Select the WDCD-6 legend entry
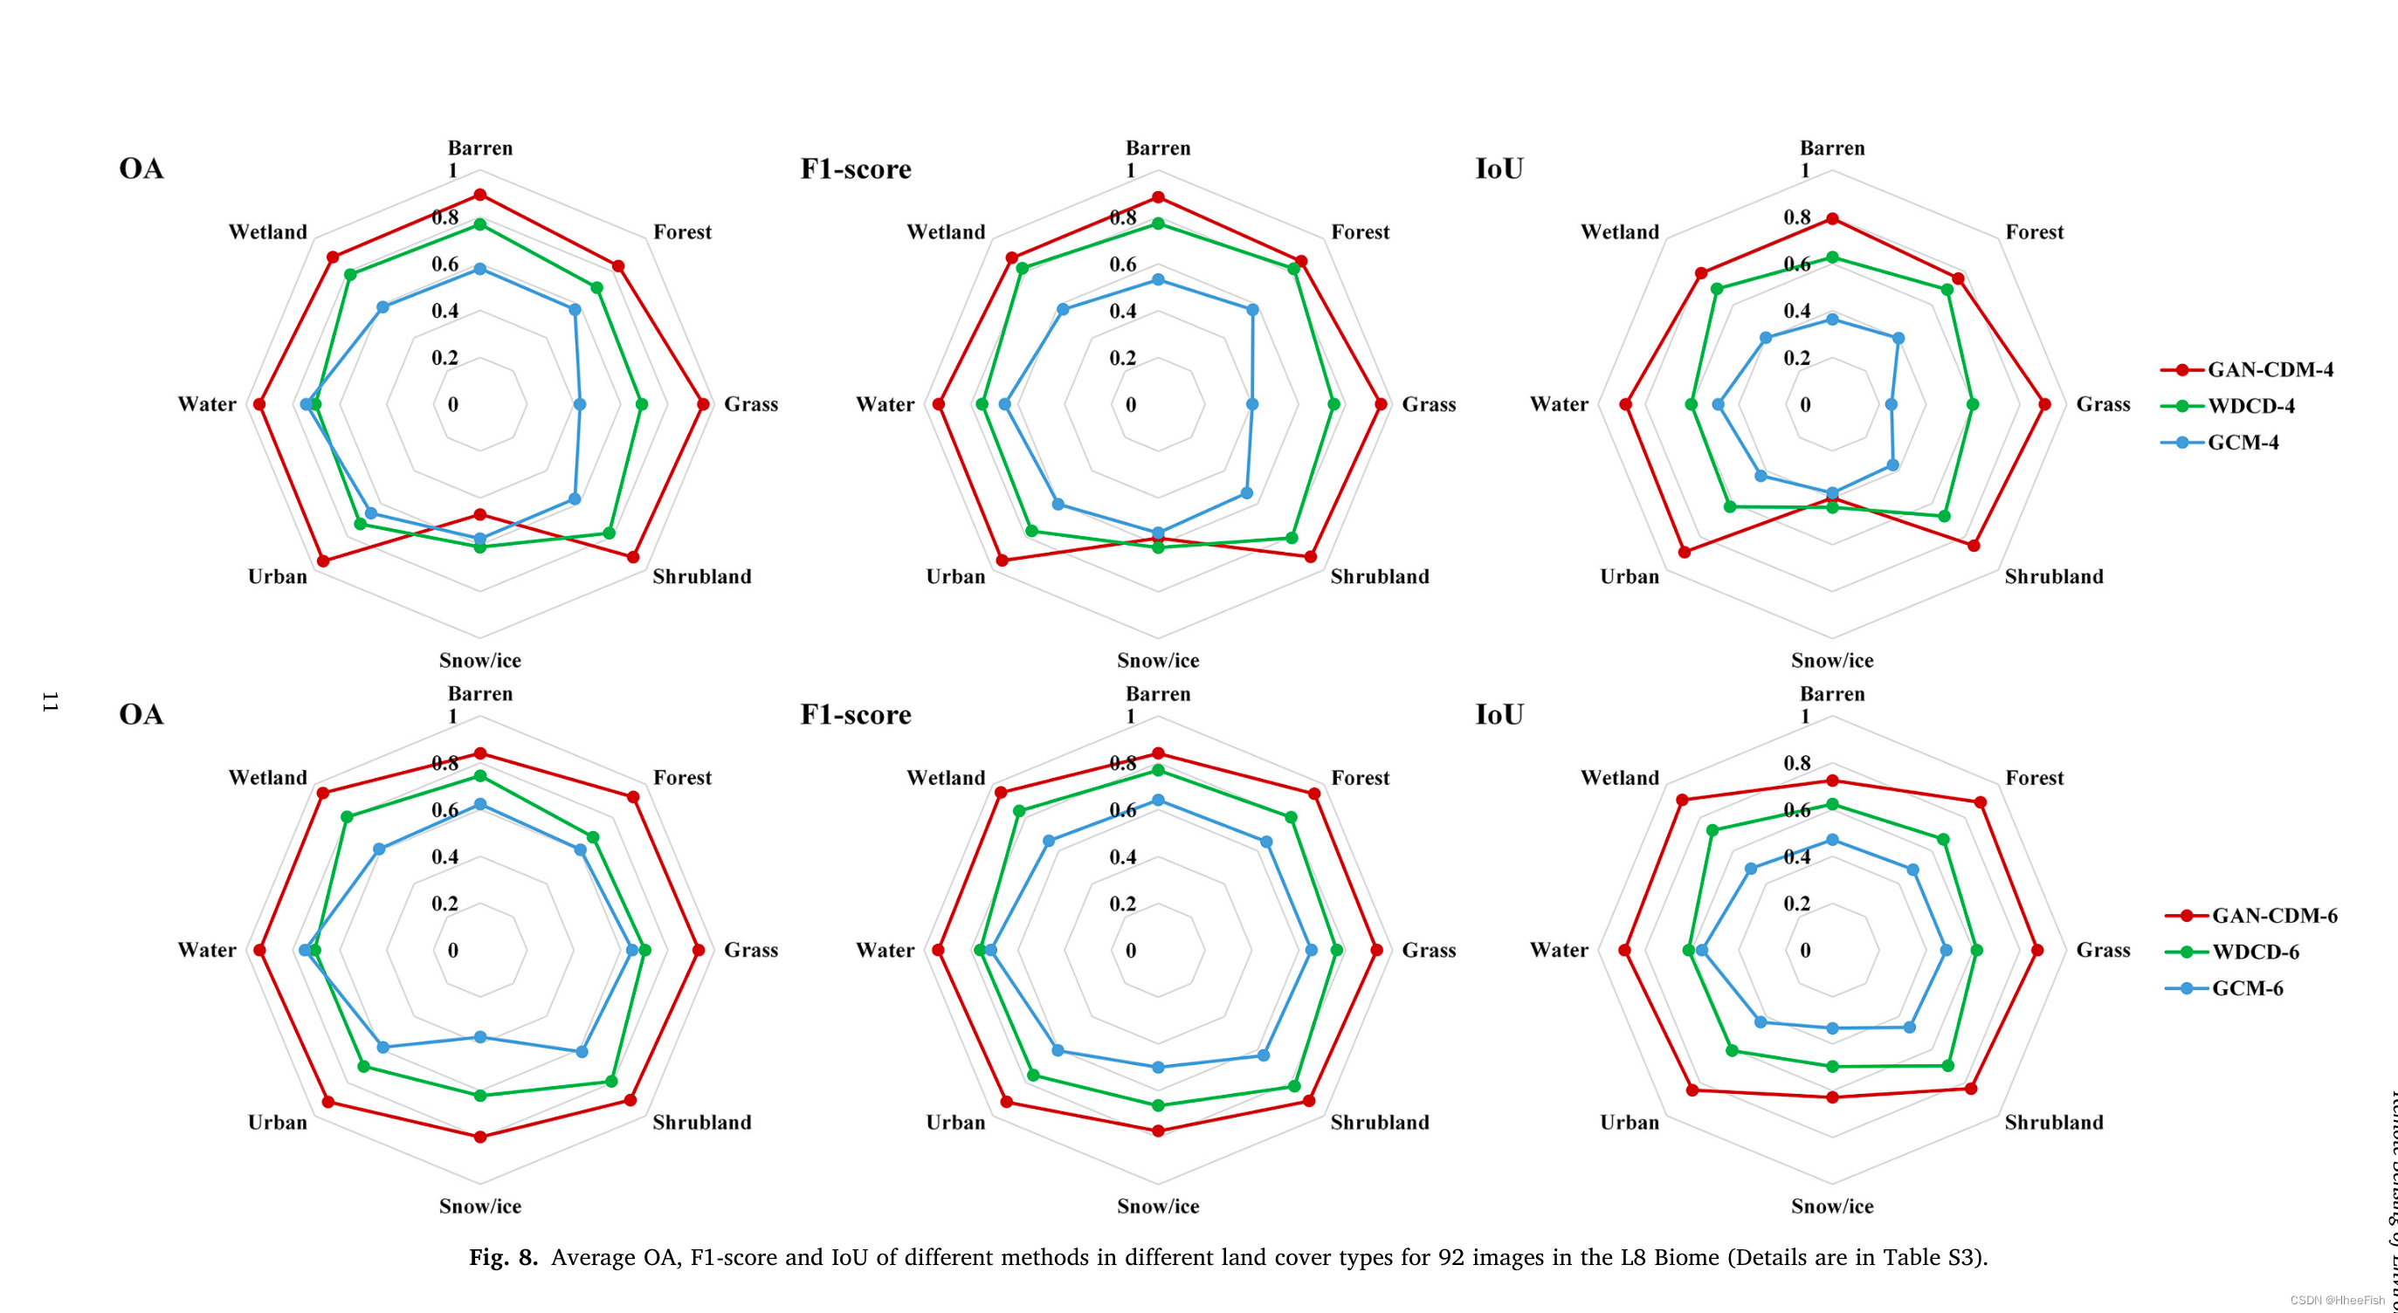click(2254, 952)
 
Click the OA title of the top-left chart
click(141, 168)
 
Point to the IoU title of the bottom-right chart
click(1499, 714)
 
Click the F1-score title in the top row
click(856, 168)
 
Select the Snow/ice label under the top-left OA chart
click(479, 660)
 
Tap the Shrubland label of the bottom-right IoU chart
click(2053, 1122)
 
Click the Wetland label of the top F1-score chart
click(945, 231)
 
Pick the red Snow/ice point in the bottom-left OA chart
click(480, 1136)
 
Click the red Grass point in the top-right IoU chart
click(2044, 404)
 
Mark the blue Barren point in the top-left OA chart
click(480, 269)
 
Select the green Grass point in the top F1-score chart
click(1334, 404)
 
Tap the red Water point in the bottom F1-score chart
click(939, 950)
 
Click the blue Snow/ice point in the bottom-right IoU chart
click(1832, 1028)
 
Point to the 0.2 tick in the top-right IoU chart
click(1796, 358)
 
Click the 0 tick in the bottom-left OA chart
click(453, 950)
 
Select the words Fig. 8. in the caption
click(503, 1257)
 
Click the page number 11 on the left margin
click(51, 702)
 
